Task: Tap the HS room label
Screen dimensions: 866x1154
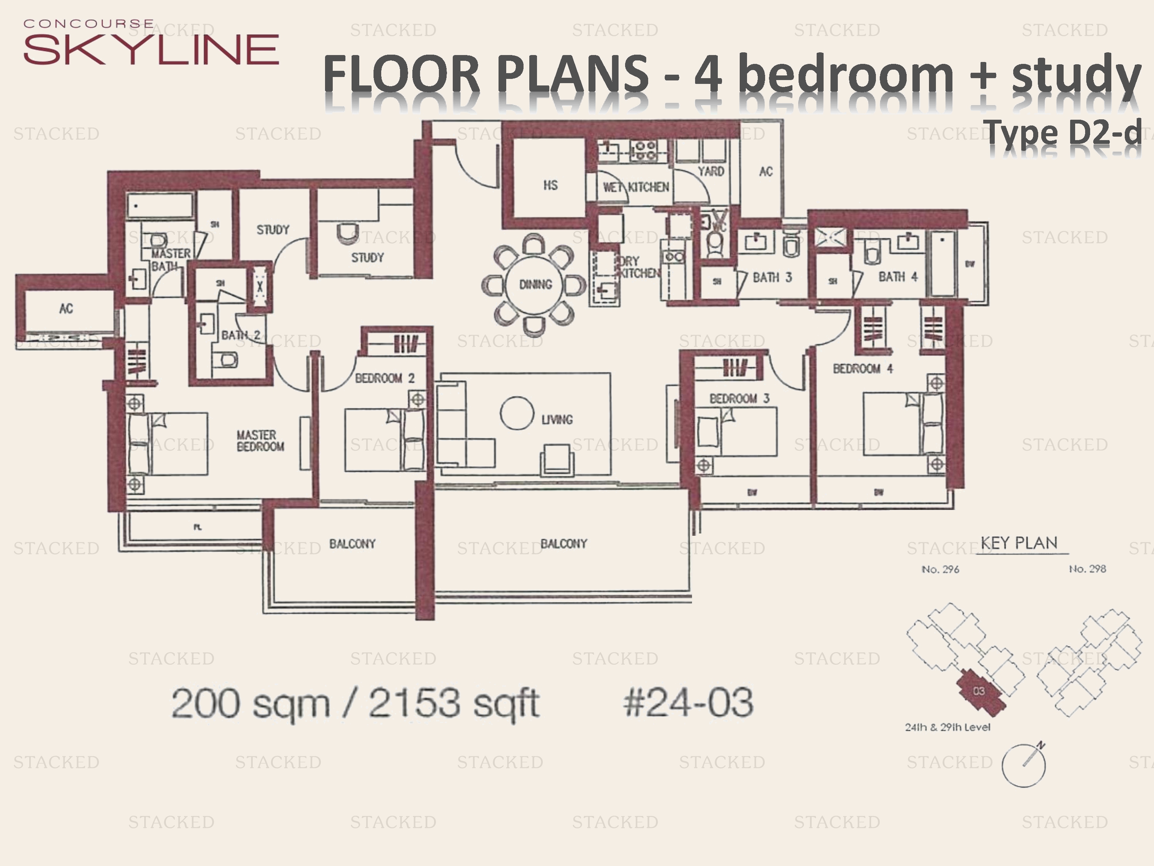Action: pos(550,185)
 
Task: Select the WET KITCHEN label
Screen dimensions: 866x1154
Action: pos(636,187)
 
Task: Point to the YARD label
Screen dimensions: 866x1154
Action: pos(710,171)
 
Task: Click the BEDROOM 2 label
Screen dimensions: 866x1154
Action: pos(385,378)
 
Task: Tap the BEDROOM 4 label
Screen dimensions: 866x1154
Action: pos(862,369)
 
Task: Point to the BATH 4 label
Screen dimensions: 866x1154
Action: pos(897,277)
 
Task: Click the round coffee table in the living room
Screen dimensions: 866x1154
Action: pos(517,413)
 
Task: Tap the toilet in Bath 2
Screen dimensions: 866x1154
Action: pos(229,359)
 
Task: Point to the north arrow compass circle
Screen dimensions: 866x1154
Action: pos(1024,765)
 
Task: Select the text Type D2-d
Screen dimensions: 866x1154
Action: pos(1064,133)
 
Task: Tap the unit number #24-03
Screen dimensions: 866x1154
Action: pos(688,702)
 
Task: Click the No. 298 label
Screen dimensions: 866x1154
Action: pos(1087,569)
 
